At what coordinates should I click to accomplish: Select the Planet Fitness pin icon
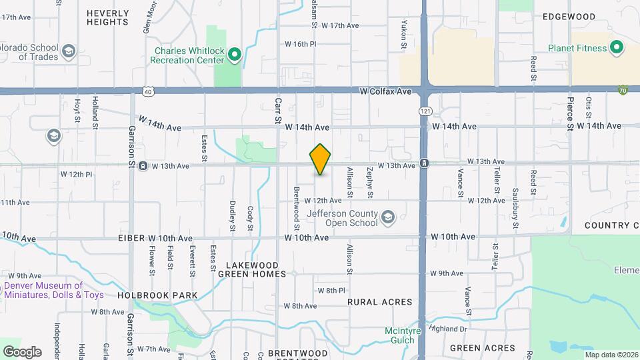click(x=617, y=48)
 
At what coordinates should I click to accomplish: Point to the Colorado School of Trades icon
click(x=69, y=51)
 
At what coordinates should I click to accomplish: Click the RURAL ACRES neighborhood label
click(x=380, y=302)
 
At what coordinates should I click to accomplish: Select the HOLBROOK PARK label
click(x=157, y=295)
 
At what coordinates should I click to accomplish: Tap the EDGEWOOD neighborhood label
click(x=569, y=17)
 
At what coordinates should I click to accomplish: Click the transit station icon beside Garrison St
click(x=143, y=166)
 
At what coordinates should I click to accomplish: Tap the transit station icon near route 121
click(x=424, y=164)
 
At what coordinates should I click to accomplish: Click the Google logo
click(x=22, y=351)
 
